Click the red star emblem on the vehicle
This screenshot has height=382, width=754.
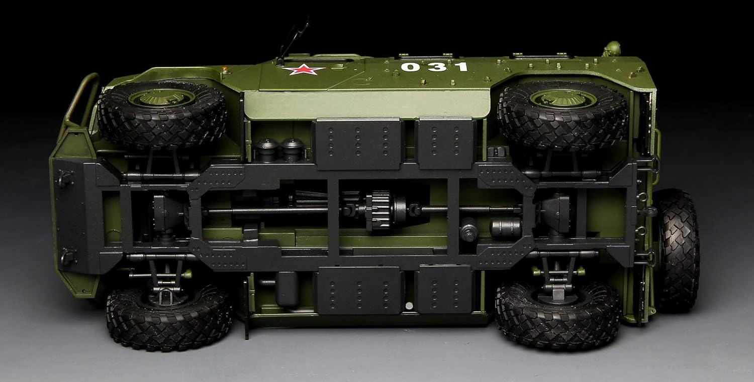[x=304, y=70]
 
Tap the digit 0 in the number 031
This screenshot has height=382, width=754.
[x=410, y=67]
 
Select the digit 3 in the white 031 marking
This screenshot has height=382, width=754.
[x=436, y=67]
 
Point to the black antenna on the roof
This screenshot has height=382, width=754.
[x=292, y=40]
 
